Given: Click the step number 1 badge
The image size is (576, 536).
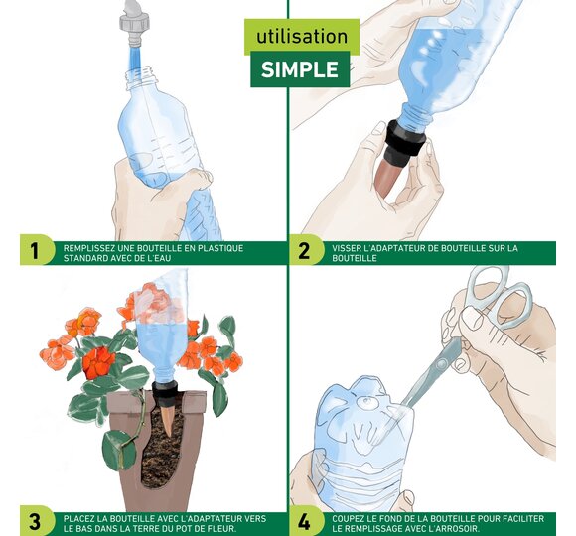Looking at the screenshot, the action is coord(34,251).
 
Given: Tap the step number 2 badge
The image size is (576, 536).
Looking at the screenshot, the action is coord(304,251).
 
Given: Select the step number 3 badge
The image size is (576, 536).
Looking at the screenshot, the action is coord(34,521).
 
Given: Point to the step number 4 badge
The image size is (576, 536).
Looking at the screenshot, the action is coord(304,521).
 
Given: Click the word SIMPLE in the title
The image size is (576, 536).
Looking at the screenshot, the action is coord(300,69).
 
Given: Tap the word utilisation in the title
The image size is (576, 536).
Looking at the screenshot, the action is coord(302,37).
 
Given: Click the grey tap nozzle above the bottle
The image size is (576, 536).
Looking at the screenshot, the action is coord(134,23).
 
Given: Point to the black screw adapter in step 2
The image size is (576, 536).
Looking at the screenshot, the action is coord(406,140).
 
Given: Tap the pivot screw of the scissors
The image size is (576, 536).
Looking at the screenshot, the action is coord(442,364).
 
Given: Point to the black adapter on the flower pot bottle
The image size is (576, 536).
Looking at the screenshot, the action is coord(165,393).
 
